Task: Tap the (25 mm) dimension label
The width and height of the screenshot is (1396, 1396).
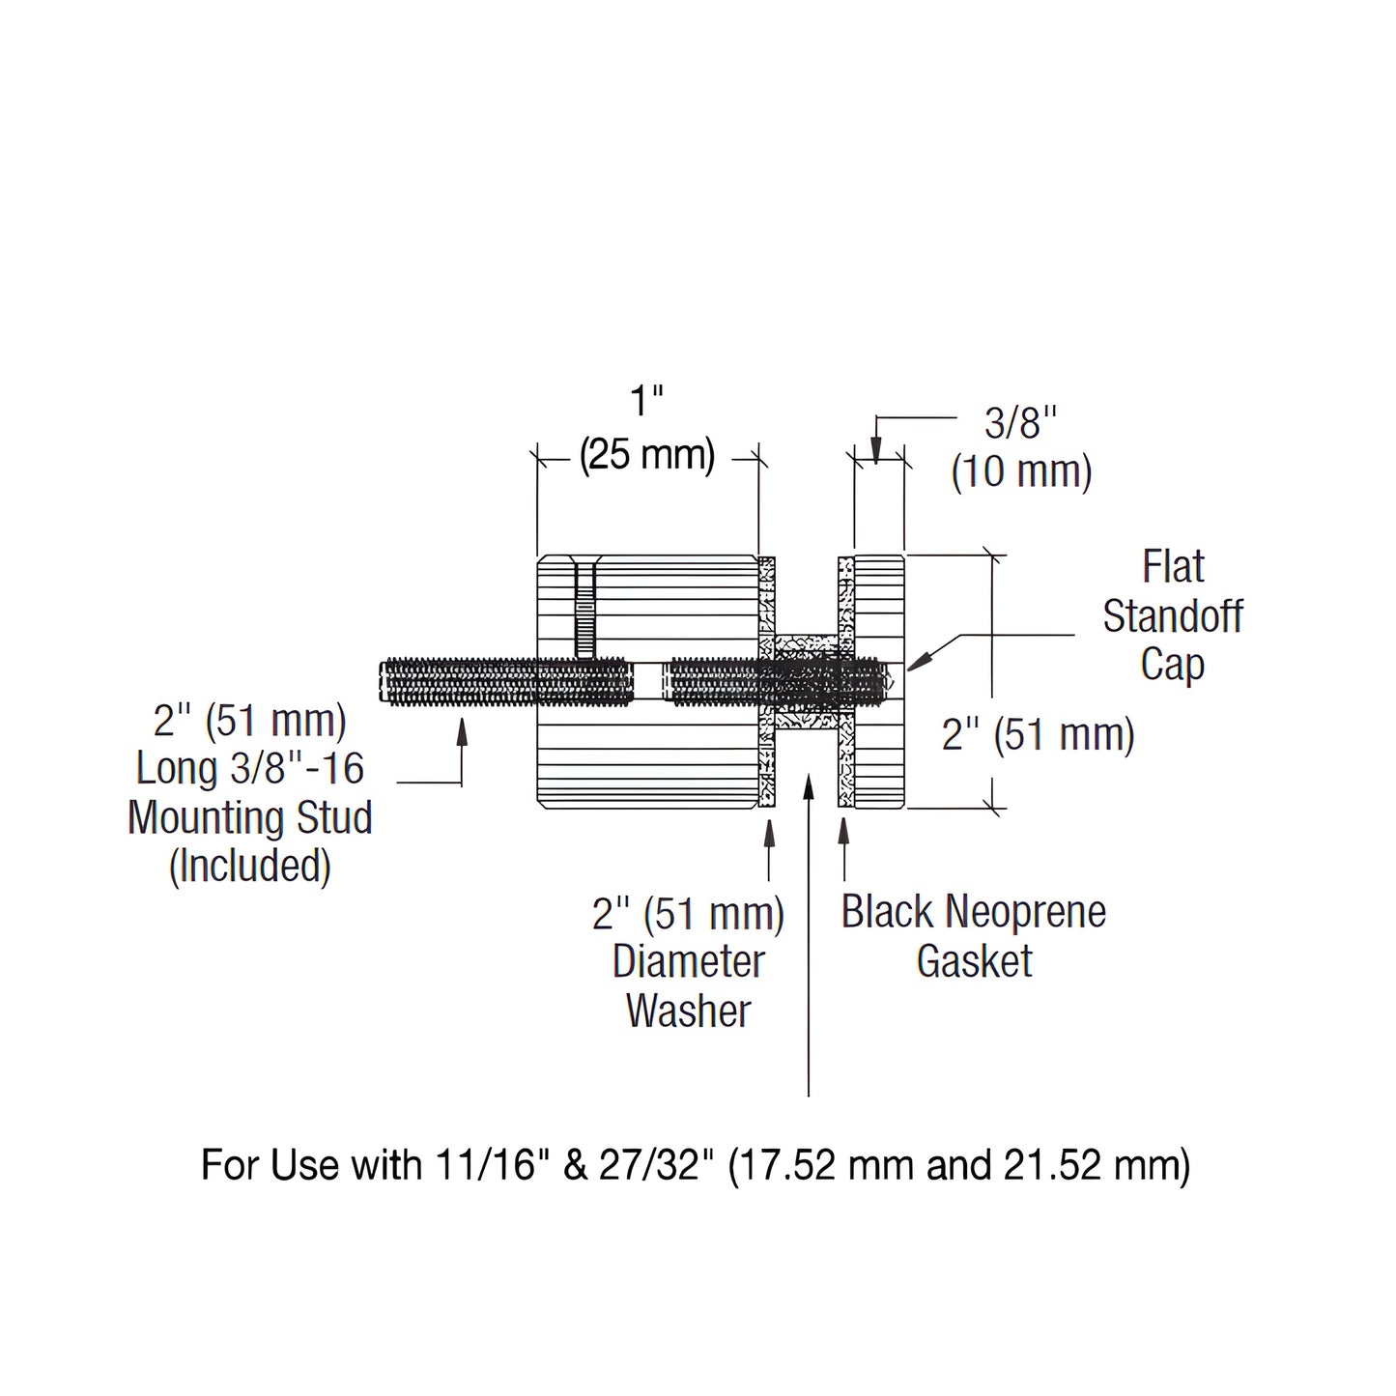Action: click(647, 453)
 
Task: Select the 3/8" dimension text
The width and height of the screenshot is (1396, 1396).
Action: click(1021, 422)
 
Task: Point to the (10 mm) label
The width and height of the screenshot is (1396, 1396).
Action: click(1021, 472)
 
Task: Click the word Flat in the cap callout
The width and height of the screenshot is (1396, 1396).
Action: click(1173, 567)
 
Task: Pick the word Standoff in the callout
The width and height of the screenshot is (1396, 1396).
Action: click(1173, 616)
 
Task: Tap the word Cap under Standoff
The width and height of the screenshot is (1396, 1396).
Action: click(1172, 665)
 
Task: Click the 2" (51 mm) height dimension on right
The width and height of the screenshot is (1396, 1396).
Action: click(1038, 735)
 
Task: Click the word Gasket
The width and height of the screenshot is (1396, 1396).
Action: click(974, 961)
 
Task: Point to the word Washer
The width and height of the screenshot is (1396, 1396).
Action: click(688, 1011)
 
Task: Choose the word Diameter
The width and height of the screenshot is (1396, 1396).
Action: click(688, 961)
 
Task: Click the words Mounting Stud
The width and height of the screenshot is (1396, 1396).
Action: click(250, 817)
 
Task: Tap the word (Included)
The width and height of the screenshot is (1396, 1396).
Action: click(250, 867)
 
